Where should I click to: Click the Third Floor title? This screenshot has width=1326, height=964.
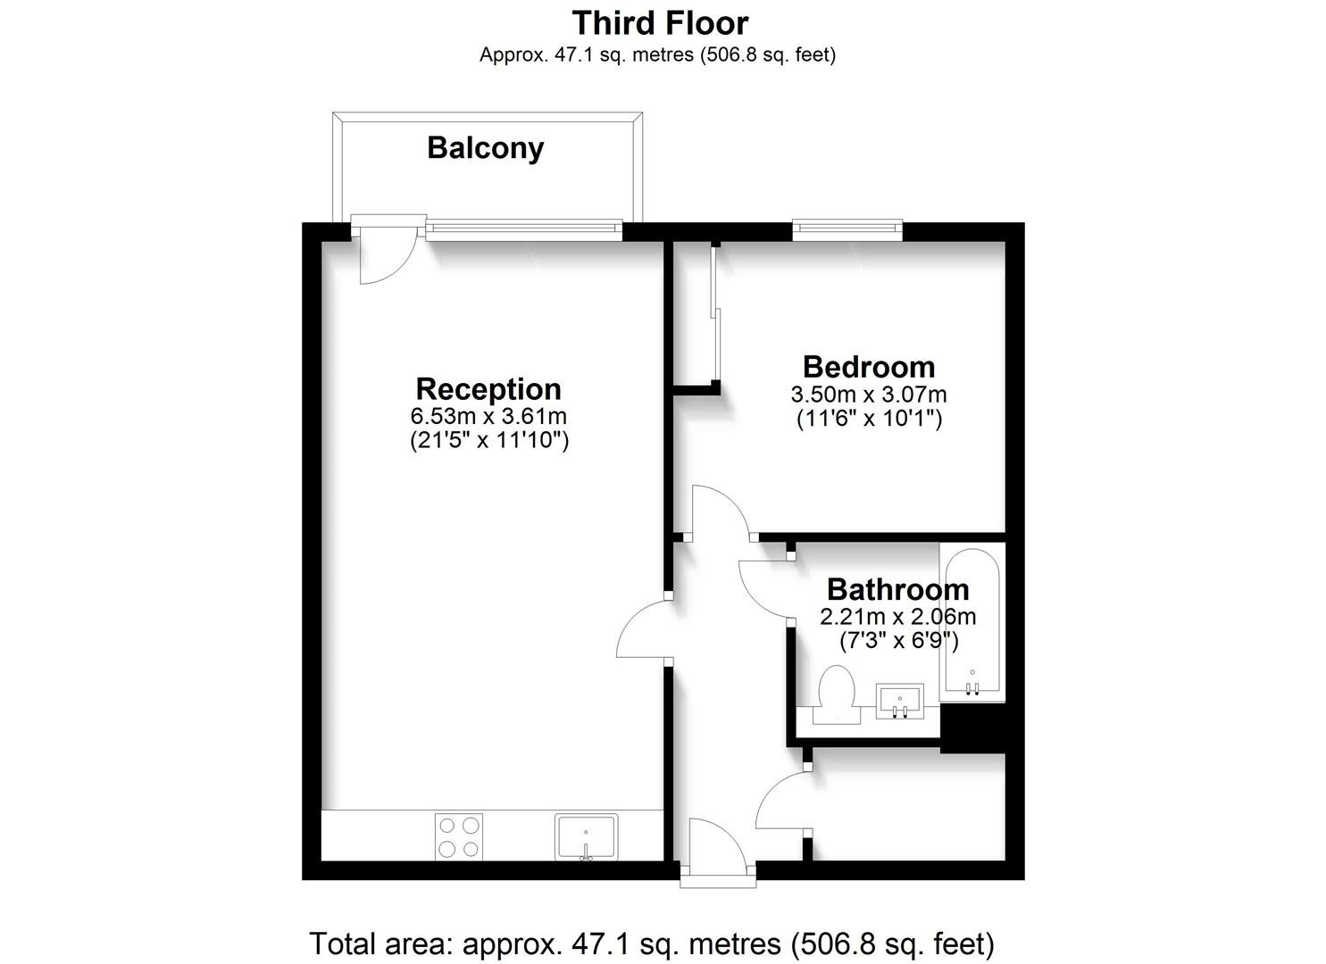[660, 24]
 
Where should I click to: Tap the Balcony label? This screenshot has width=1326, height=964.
[486, 148]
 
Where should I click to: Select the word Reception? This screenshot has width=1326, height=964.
[488, 389]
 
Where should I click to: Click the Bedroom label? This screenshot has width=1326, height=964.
[869, 367]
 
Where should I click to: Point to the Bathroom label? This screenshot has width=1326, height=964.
[898, 589]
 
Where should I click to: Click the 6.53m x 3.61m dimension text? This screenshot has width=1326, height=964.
[489, 416]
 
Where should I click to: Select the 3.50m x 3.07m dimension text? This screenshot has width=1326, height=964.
[869, 395]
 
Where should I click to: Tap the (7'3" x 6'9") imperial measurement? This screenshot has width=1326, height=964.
[898, 641]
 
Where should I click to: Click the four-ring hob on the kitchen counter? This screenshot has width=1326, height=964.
[459, 836]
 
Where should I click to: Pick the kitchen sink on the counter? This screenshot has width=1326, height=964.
[586, 836]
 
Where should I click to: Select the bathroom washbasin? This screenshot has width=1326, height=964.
[900, 702]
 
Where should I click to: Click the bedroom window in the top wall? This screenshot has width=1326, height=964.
[847, 231]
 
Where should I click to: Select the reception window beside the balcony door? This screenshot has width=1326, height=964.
[524, 231]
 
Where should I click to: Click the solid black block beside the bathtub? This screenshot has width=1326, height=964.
[972, 728]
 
